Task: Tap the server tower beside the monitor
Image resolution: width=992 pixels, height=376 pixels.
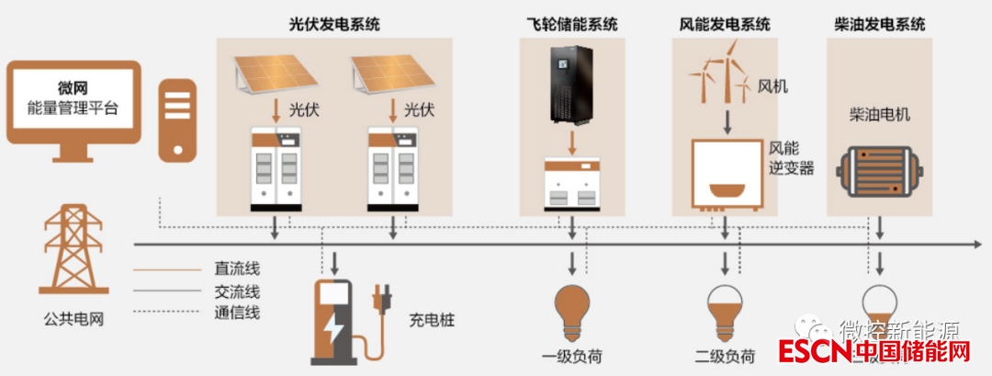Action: click(x=177, y=120)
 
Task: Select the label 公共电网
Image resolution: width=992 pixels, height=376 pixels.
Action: click(x=72, y=320)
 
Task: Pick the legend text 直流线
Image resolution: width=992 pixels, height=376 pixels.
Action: click(x=237, y=269)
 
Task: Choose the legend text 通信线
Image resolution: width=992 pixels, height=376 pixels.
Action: click(x=237, y=313)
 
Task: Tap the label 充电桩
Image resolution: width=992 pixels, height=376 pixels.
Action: click(x=432, y=322)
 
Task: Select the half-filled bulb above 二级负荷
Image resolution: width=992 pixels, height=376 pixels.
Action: click(x=725, y=309)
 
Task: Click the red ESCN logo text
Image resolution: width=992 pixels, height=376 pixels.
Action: click(x=811, y=352)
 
